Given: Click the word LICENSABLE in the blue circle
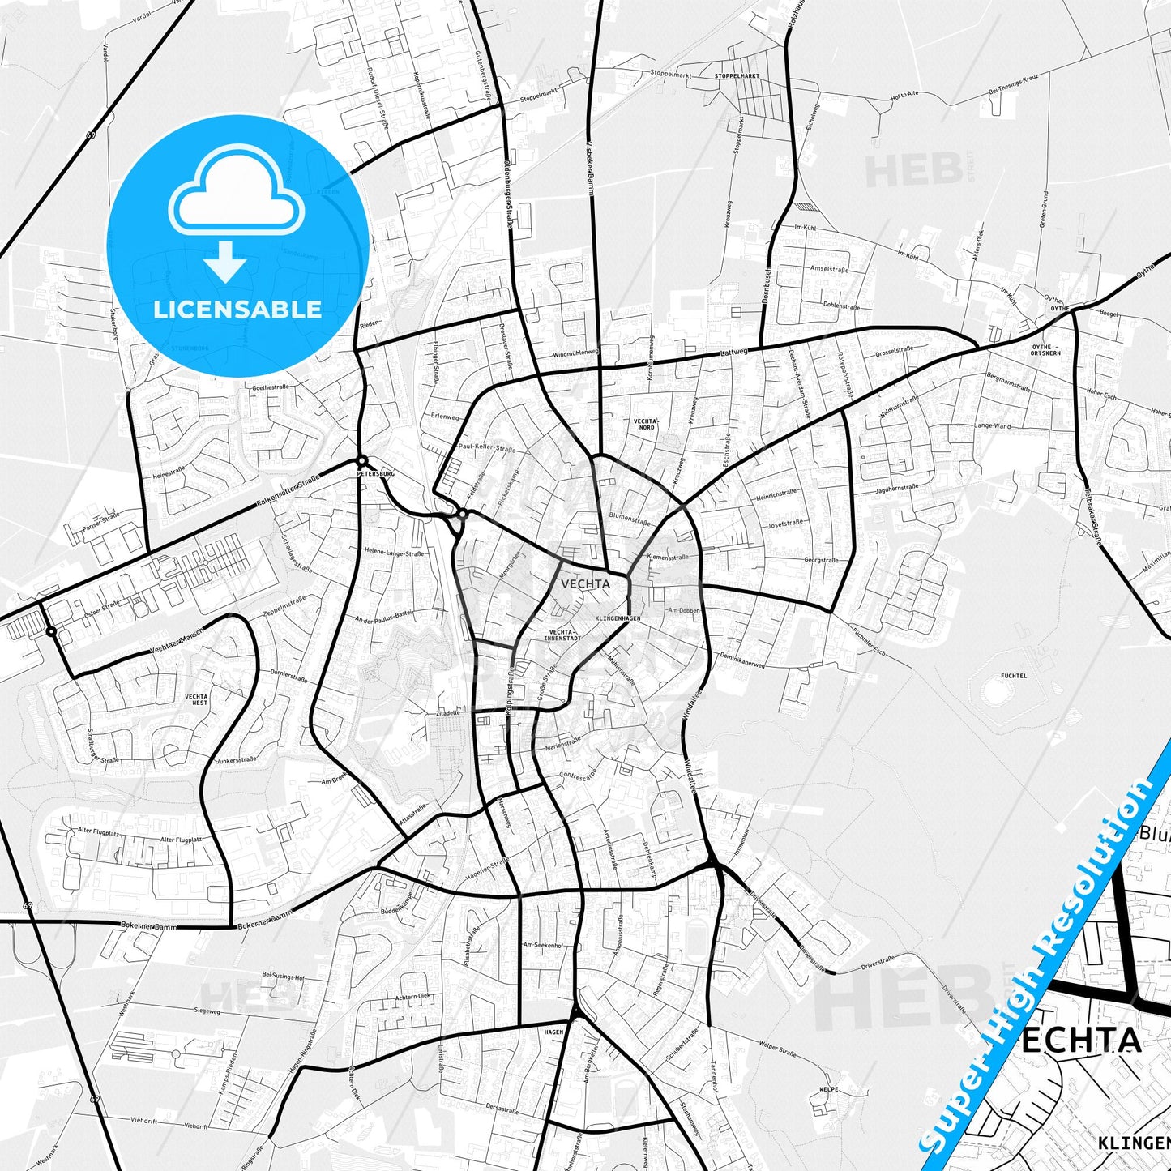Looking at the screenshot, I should click(237, 310).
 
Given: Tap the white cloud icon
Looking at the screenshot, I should click(237, 195).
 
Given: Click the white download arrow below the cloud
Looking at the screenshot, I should click(226, 262).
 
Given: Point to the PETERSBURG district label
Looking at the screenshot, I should click(375, 472).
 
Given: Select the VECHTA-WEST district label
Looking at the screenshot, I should click(196, 699).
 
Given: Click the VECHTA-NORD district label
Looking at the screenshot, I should click(646, 424).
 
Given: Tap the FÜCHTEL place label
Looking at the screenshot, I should click(1014, 675).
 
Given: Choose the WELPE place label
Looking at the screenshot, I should click(828, 1089).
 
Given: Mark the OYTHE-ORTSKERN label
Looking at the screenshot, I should click(1045, 350).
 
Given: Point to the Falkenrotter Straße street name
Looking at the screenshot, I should click(288, 492).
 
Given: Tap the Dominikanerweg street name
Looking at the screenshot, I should click(743, 660).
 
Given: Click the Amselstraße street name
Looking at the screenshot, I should click(829, 269).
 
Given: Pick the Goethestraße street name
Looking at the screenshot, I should click(271, 387).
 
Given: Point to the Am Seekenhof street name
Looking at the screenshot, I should click(543, 945).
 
